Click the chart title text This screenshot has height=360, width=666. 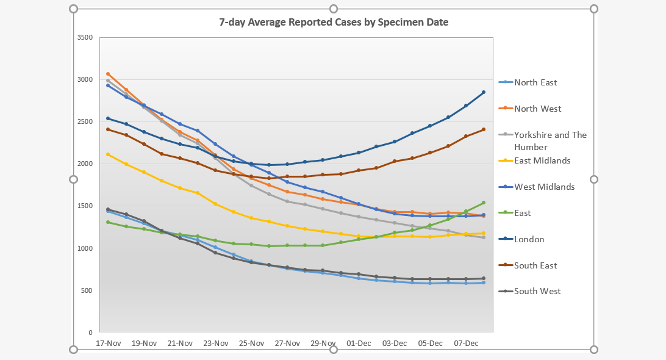tap(334, 23)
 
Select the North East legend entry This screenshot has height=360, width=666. tap(535, 82)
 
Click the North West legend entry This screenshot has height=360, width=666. tap(537, 109)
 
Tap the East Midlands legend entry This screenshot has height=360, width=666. tap(542, 160)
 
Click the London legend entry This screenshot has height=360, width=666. tap(529, 239)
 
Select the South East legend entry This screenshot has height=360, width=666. tap(535, 265)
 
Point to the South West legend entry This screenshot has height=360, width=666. tap(537, 291)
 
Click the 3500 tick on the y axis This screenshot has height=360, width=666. tap(84, 37)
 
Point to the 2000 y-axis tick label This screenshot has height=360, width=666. tap(84, 164)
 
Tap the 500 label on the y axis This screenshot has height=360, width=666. tap(86, 290)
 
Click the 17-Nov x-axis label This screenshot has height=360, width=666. tap(108, 344)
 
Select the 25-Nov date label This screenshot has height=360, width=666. tap(251, 344)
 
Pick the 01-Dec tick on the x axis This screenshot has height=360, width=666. tap(359, 344)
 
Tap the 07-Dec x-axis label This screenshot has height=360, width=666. tap(466, 344)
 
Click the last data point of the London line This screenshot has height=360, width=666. tap(484, 92)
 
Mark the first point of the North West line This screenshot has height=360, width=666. tap(108, 74)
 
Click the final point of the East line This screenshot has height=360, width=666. tap(484, 203)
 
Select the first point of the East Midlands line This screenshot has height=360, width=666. tap(108, 154)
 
